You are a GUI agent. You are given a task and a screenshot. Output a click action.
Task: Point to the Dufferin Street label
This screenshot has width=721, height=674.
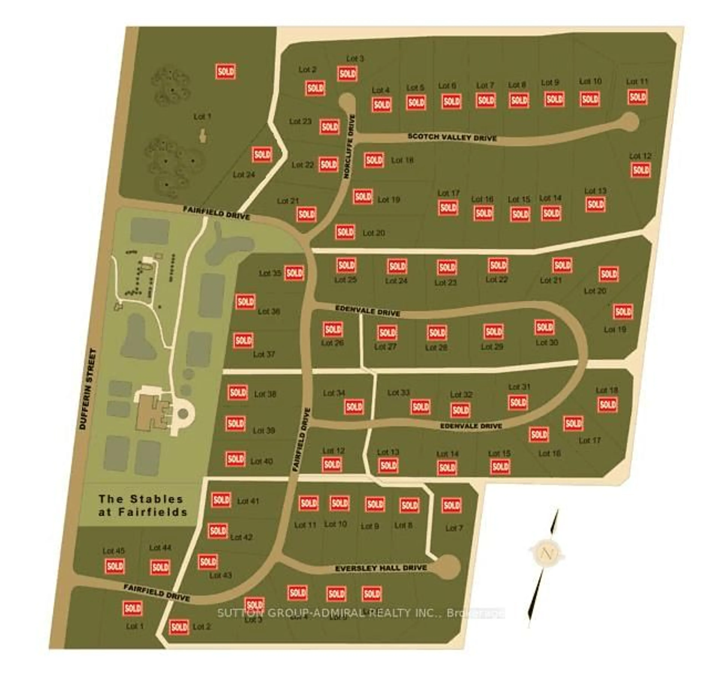(88, 389)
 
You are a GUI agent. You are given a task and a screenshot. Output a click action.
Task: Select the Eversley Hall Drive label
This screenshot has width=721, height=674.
(381, 568)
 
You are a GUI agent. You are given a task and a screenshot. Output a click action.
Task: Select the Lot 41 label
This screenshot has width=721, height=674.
(248, 501)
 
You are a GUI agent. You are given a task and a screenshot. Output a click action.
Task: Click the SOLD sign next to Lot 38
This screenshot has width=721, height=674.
(238, 392)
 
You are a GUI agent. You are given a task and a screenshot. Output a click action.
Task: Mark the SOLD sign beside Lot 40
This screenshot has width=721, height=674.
(235, 459)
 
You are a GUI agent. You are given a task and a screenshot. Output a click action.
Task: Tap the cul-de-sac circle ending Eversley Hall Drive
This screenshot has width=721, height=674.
(448, 566)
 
